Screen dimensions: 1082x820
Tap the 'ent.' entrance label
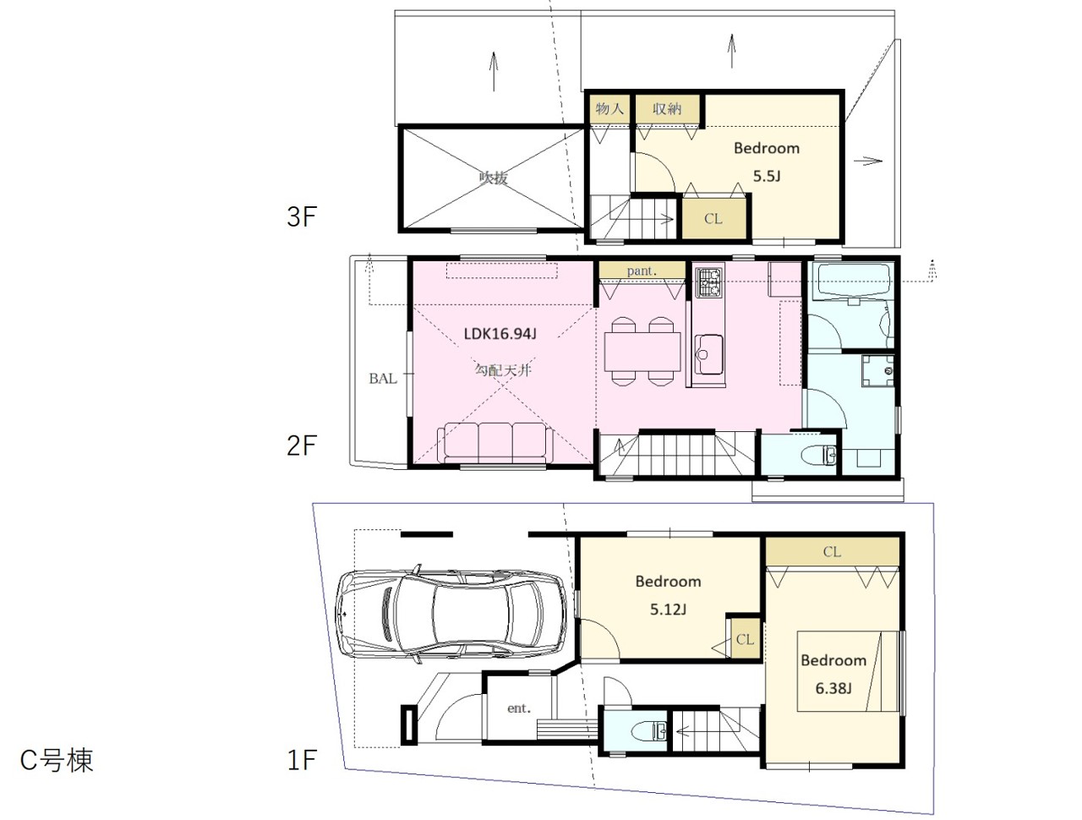pos(519,708)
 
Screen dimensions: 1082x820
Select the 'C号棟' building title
pos(56,760)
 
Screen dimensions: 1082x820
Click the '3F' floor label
pos(302,216)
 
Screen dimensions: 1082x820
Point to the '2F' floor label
pos(302,446)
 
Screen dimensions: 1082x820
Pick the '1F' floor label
pos(302,760)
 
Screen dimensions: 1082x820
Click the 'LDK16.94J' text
pos(500,334)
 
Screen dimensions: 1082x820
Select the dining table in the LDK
pos(642,352)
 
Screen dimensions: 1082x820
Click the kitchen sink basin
pos(709,355)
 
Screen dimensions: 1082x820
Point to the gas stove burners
pos(709,282)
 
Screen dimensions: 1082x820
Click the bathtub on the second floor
pos(852,280)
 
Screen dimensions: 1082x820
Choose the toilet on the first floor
pos(649,730)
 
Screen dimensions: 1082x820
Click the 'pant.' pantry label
pos(642,271)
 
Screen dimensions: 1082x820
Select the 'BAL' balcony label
pos(383,379)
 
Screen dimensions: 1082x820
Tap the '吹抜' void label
pos(494,177)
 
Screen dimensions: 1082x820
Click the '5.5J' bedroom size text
pos(767,176)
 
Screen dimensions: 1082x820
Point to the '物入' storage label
pos(609,108)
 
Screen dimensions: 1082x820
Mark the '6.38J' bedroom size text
pos(833,688)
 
